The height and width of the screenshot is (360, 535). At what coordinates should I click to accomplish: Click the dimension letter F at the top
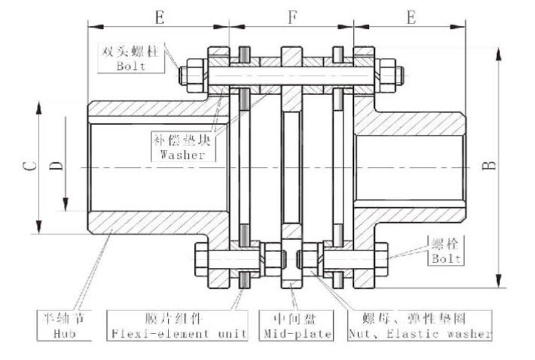tap(292, 17)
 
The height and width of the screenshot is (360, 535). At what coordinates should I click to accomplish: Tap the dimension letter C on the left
tap(30, 166)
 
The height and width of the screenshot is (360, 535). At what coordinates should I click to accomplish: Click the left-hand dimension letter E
tap(159, 17)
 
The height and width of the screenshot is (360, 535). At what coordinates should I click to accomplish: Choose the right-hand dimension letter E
tap(411, 17)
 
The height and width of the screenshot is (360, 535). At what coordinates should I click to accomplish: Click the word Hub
tap(64, 333)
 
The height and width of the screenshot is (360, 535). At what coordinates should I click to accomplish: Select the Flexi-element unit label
tap(179, 333)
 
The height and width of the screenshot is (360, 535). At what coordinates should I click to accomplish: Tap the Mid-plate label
tap(297, 333)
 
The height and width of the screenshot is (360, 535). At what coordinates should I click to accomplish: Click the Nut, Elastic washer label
tap(420, 333)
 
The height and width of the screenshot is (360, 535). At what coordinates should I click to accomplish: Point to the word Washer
tap(183, 155)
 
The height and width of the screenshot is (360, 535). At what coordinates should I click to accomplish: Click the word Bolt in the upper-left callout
tap(131, 66)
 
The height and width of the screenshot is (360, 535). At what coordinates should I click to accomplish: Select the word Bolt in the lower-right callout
tap(446, 258)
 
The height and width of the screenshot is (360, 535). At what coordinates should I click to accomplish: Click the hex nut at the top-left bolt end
tap(195, 75)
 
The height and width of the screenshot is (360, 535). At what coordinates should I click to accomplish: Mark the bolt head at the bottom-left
tap(201, 259)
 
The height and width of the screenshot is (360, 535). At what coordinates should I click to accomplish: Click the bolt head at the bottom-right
tap(382, 259)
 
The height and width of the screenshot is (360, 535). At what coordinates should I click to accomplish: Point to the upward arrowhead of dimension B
tap(498, 55)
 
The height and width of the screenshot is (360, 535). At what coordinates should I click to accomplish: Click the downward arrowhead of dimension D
tap(66, 204)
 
